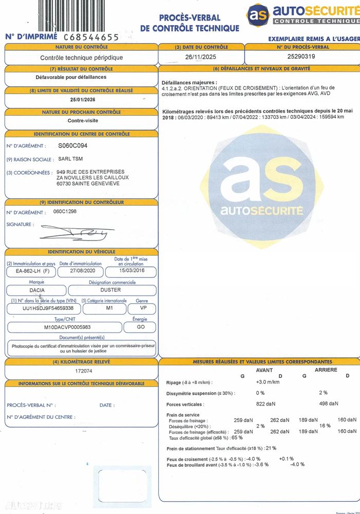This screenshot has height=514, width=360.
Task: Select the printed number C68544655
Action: point(91,37)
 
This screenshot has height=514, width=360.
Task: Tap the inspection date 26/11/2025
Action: point(200,57)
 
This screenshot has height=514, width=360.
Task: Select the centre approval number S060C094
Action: point(76,146)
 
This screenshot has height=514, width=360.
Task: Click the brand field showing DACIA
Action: point(36,290)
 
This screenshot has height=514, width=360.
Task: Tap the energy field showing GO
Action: point(140,327)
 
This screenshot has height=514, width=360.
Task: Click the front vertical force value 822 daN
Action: point(266,404)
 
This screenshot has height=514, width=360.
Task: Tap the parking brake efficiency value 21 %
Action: point(271,448)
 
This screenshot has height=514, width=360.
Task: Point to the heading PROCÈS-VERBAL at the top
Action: point(190,18)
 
